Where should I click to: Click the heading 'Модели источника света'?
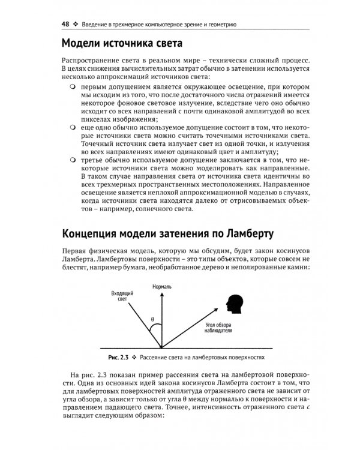pos(124,45)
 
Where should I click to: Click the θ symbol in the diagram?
pos(152,319)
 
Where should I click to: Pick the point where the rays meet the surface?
pos(160,347)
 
